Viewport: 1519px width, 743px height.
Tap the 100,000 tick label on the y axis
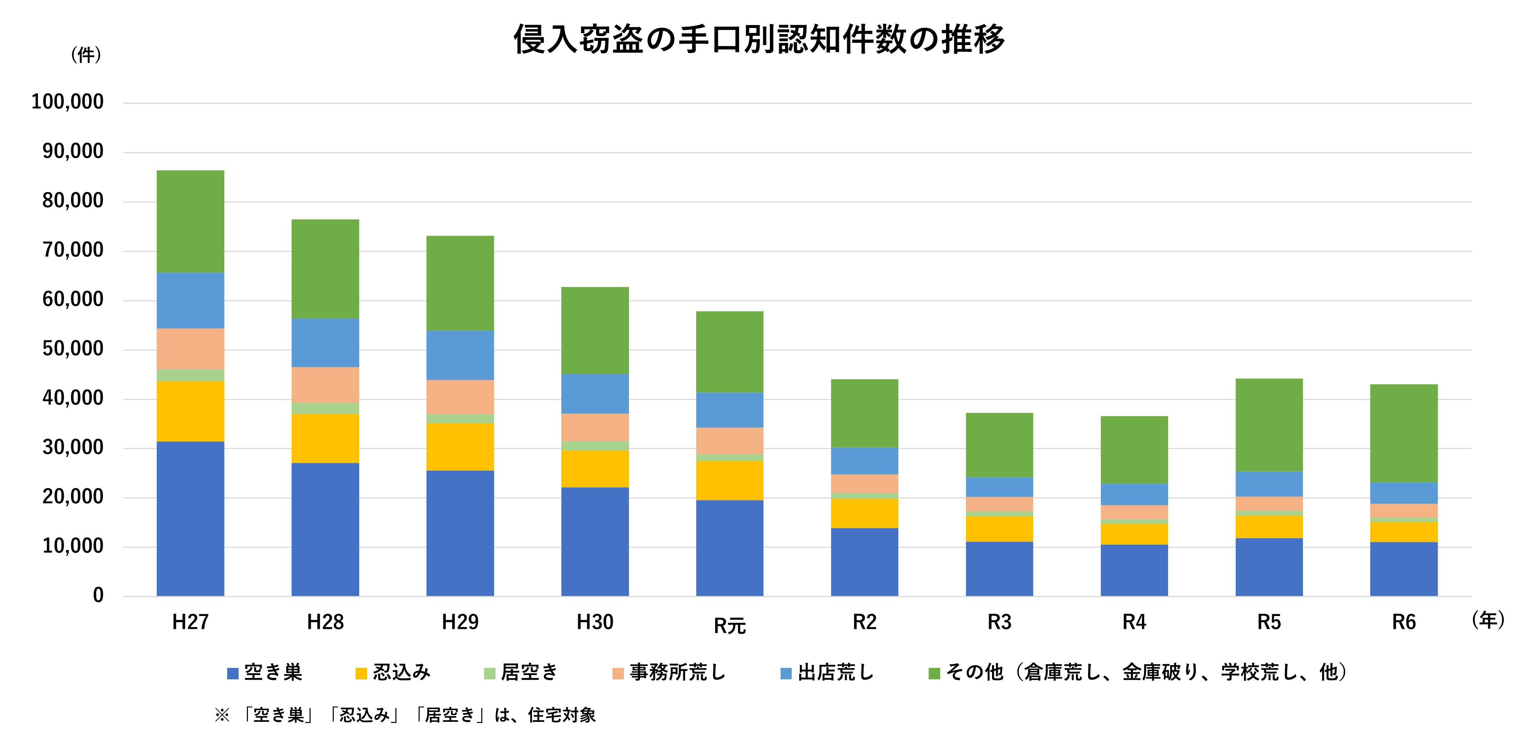tap(67, 102)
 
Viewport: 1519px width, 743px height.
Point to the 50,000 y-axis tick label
tap(73, 349)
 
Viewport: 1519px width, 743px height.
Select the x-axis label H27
tap(190, 622)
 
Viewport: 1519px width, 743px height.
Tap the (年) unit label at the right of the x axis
tap(1488, 620)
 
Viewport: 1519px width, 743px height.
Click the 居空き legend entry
tap(521, 672)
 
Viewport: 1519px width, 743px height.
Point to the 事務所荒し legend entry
tap(669, 672)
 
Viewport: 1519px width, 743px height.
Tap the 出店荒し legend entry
tap(827, 672)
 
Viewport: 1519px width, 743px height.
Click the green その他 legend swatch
tap(934, 673)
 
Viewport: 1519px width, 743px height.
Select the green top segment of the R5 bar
tap(1269, 425)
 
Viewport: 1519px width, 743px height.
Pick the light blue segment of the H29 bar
tap(460, 355)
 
